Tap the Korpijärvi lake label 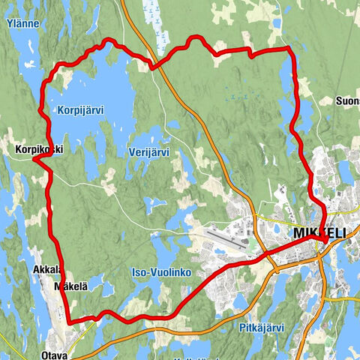click(x=79, y=109)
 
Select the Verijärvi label click(x=148, y=152)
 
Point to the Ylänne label click(x=22, y=24)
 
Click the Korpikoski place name click(x=38, y=149)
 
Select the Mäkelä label click(x=71, y=286)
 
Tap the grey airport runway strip click(x=228, y=238)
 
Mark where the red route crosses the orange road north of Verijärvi click(x=153, y=66)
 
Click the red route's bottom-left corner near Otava click(x=69, y=322)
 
